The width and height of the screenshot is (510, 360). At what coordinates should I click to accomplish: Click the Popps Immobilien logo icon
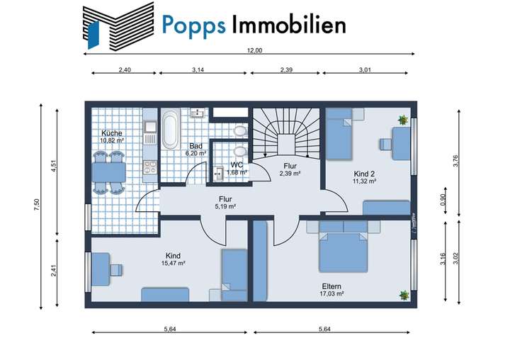(117, 26)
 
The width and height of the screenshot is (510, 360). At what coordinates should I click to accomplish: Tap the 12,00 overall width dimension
(254, 51)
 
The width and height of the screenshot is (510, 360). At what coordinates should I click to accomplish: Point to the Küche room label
(111, 133)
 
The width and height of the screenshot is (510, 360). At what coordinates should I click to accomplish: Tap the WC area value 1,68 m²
(236, 171)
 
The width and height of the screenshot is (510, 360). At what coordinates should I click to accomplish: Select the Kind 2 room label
(365, 174)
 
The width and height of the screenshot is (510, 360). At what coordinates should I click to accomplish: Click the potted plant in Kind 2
(403, 120)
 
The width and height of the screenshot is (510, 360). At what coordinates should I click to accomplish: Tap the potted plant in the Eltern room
(404, 295)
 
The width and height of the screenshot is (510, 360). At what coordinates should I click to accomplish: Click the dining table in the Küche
(108, 172)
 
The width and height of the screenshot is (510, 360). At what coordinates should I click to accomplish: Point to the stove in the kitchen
(150, 167)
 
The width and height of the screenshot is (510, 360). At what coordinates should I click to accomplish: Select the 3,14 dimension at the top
(203, 70)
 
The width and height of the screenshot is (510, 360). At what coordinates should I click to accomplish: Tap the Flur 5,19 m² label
(226, 203)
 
